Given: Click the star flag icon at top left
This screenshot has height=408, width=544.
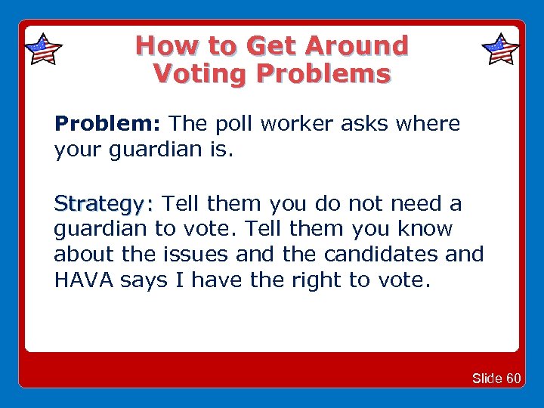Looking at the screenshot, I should point(43,50).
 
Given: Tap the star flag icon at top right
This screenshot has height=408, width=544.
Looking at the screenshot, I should point(500,50).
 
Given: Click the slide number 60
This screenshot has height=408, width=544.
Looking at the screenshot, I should point(513,379).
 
